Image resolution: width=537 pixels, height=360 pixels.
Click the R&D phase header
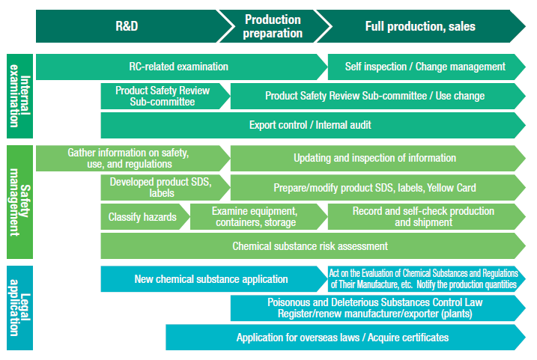point(127,26)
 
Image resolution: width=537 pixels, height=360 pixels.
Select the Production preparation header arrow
point(273,26)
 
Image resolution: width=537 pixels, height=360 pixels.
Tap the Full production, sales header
point(420,26)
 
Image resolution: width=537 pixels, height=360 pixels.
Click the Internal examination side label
point(20,96)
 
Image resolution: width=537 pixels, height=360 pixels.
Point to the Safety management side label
point(20,202)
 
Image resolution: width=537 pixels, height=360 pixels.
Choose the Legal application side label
point(20,308)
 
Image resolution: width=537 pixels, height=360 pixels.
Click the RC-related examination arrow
point(179,67)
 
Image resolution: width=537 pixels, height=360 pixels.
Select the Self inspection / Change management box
point(425,67)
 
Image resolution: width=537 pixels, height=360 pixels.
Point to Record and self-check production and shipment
point(424,217)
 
